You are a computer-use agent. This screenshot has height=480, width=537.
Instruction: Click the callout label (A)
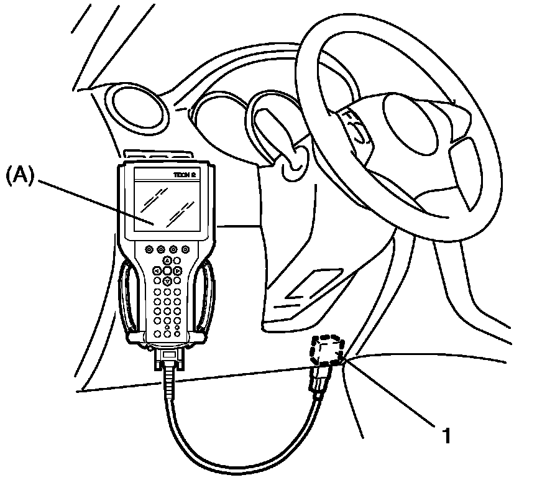21,177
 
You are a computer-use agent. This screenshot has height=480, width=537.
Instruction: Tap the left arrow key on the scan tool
157,271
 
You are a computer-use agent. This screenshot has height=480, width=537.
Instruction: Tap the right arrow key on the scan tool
178,271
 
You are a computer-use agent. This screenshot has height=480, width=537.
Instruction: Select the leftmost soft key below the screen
150,249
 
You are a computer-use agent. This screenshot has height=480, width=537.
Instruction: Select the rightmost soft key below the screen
185,249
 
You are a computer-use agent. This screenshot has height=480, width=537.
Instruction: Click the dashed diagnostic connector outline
327,350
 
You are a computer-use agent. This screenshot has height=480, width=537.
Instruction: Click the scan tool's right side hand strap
206,298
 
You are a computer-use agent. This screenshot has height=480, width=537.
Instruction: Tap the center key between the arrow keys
167,271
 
